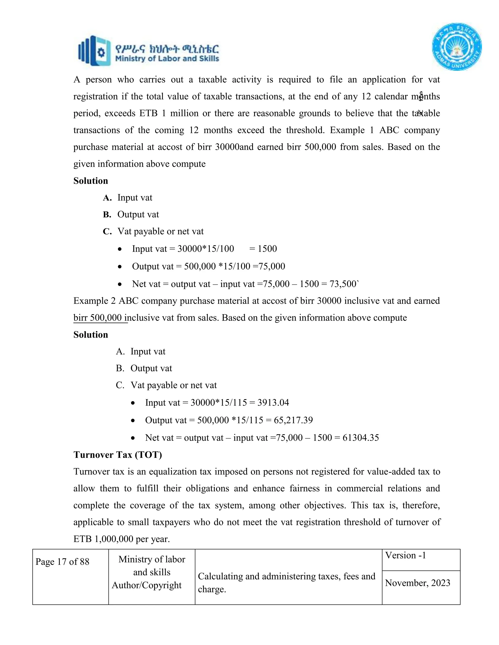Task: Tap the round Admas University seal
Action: [x=457, y=47]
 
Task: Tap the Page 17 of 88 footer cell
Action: [x=62, y=562]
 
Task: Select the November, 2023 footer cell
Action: [x=417, y=583]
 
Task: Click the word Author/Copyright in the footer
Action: [x=147, y=585]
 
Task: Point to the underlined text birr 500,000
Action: [x=97, y=318]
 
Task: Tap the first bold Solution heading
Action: [x=90, y=181]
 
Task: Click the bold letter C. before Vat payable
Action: [x=107, y=231]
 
